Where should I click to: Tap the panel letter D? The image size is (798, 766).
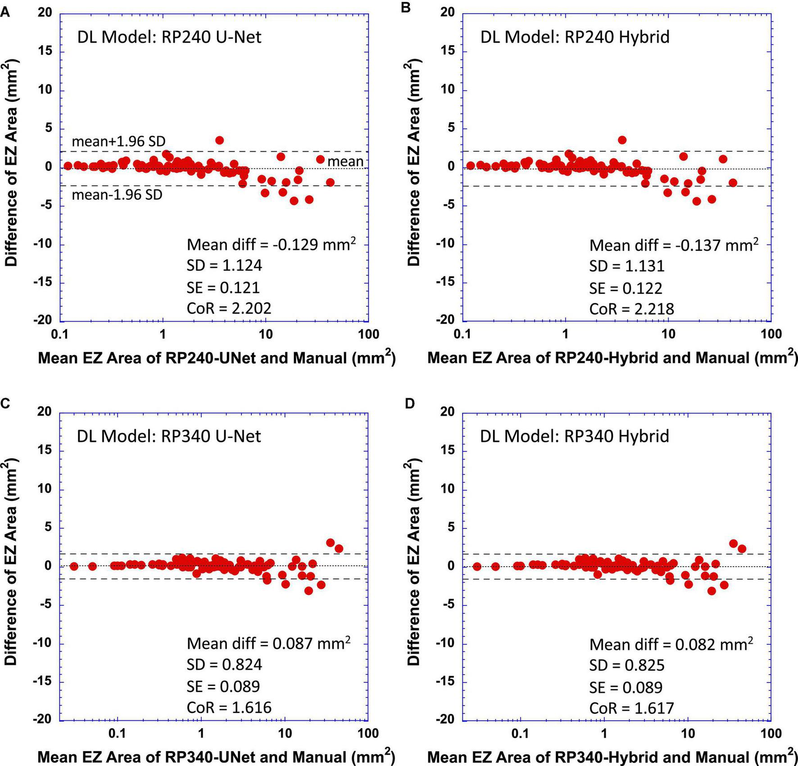[409, 404]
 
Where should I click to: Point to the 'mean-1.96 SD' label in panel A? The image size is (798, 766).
[117, 195]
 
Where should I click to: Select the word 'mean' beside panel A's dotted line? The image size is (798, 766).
[345, 161]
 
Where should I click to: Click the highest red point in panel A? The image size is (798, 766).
[219, 140]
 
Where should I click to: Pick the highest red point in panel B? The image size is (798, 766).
[622, 140]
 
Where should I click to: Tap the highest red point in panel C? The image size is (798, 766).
[330, 543]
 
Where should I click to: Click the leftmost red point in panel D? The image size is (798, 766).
[477, 566]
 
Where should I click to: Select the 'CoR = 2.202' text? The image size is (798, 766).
[229, 308]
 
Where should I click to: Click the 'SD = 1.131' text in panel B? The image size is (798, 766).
[627, 266]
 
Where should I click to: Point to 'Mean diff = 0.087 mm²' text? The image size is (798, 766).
[268, 644]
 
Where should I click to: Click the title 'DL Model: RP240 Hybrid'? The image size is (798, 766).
[575, 37]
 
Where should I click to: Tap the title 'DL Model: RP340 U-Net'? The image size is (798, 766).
[169, 436]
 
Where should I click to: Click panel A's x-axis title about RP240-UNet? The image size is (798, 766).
[217, 358]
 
